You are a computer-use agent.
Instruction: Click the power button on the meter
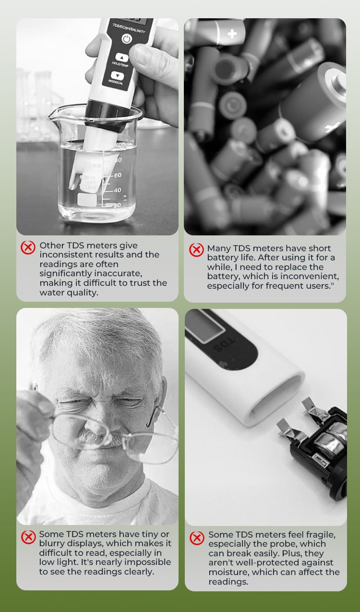[127, 39]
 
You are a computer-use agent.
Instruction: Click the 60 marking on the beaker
[118, 175]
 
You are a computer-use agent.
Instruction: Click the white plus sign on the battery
[232, 34]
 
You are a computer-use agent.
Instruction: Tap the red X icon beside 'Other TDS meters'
[28, 247]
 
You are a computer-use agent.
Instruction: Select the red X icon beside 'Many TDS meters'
[196, 250]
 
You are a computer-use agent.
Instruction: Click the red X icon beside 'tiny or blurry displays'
[28, 537]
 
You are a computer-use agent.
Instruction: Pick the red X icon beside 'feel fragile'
[197, 538]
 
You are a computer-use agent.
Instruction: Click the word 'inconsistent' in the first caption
[65, 255]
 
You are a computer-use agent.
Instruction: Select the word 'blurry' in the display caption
[52, 543]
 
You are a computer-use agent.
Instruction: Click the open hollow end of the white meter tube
[276, 397]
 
